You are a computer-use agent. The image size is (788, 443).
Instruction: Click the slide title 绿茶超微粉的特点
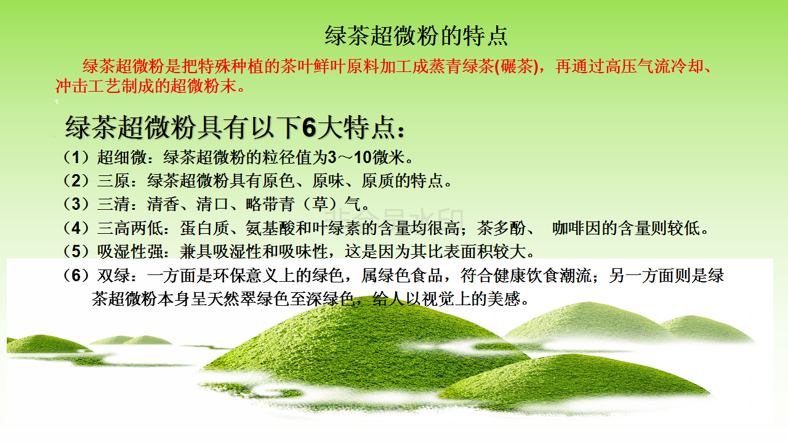[x=416, y=36]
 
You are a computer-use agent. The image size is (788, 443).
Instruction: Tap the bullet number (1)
[x=76, y=157]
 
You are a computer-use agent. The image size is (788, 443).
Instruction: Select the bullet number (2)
[x=76, y=181]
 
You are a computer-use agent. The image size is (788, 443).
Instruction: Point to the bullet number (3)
[x=76, y=204]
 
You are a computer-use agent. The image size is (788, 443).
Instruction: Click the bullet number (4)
[x=76, y=228]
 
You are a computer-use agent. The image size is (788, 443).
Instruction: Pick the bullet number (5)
[x=76, y=252]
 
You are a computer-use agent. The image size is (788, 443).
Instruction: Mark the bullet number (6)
[x=76, y=275]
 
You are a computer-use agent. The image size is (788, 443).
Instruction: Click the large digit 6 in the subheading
[x=309, y=127]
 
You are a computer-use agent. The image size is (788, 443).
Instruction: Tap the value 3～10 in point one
[x=350, y=157]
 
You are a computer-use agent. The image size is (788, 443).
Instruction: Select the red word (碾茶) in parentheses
[x=517, y=66]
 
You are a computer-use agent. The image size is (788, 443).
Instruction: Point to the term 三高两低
[x=130, y=228]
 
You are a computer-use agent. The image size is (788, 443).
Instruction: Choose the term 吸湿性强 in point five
[x=130, y=252]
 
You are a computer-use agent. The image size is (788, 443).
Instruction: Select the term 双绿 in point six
[x=113, y=275]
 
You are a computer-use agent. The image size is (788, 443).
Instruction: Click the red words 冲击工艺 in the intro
[x=88, y=86]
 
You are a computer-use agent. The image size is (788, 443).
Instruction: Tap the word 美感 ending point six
[x=504, y=299]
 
